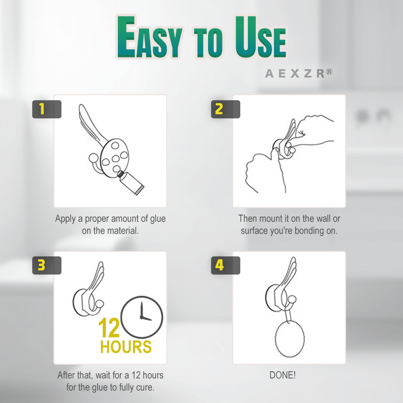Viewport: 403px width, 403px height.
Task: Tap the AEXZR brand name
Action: pyautogui.click(x=294, y=74)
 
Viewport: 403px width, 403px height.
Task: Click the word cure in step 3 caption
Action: pyautogui.click(x=145, y=387)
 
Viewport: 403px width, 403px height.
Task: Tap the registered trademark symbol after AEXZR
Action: pyautogui.click(x=329, y=72)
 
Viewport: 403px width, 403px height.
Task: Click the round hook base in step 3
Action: pyautogui.click(x=81, y=303)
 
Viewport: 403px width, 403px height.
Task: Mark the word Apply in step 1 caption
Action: pyautogui.click(x=65, y=219)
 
